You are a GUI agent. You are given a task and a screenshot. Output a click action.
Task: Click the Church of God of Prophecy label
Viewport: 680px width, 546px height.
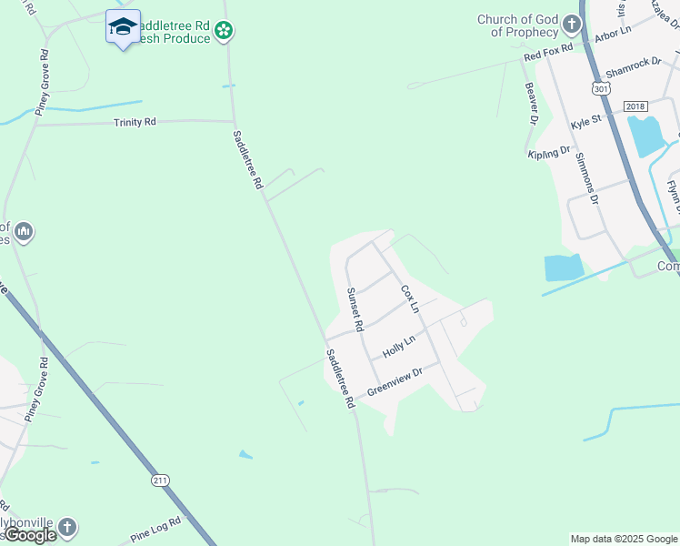pos(518,25)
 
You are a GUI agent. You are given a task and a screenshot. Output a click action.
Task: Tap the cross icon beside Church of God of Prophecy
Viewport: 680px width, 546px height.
pos(572,24)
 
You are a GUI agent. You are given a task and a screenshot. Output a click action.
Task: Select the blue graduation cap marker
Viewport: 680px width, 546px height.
pos(123,27)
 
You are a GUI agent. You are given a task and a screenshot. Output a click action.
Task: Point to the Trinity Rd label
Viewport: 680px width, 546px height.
pos(135,122)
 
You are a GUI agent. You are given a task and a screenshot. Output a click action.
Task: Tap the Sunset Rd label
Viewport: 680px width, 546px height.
pos(355,309)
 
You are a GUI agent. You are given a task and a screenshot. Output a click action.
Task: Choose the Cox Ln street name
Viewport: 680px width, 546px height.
pos(410,298)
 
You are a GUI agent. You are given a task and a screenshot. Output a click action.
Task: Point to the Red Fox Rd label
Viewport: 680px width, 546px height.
pos(548,54)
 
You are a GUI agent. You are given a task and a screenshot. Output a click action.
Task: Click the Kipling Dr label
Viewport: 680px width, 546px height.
pos(549,152)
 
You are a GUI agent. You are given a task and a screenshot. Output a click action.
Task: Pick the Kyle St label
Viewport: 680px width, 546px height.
pos(585,119)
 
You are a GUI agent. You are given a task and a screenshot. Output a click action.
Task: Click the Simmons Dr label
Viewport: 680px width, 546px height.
pos(586,178)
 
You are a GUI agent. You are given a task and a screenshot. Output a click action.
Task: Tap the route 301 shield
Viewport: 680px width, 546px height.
pos(599,88)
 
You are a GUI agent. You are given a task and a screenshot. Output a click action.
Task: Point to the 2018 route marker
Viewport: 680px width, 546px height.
pos(635,106)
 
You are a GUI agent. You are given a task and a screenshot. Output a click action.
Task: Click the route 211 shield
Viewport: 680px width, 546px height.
pos(160,480)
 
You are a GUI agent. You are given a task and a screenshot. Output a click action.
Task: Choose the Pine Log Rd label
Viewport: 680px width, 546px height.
pos(155,528)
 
